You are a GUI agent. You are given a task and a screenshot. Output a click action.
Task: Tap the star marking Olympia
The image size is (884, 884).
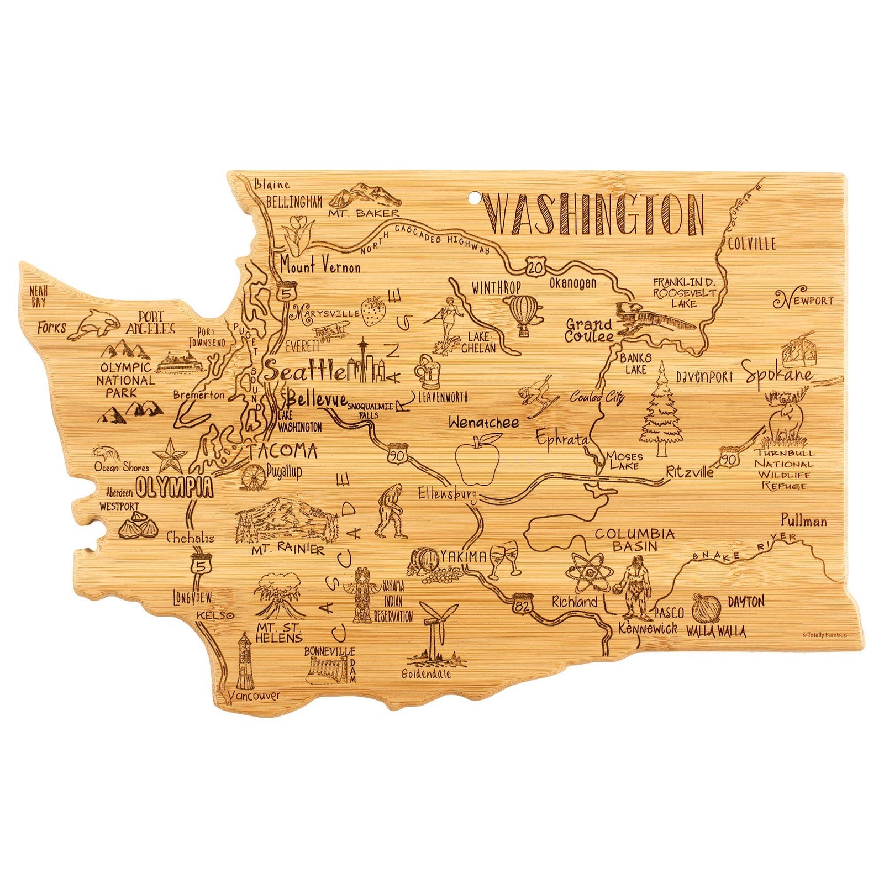170,456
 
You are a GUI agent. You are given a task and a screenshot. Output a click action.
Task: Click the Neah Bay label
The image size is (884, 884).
39,295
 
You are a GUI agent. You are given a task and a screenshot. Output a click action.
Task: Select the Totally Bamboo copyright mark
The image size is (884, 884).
824,635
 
